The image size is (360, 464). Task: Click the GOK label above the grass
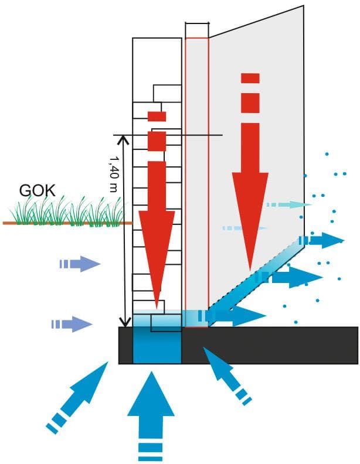(x=38, y=191)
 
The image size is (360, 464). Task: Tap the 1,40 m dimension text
(x=114, y=174)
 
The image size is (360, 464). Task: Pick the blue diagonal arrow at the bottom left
(x=77, y=397)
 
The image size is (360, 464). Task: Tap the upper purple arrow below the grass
(x=80, y=264)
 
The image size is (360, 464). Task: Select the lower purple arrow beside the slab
(x=72, y=325)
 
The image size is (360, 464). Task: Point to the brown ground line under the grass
(x=67, y=223)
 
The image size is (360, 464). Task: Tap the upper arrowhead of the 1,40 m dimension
(x=123, y=139)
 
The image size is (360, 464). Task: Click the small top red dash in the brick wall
(x=157, y=117)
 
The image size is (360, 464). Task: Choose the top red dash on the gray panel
(x=250, y=79)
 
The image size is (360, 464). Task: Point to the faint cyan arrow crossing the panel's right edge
(x=289, y=204)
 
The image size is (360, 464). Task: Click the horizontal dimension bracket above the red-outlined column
(x=197, y=23)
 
